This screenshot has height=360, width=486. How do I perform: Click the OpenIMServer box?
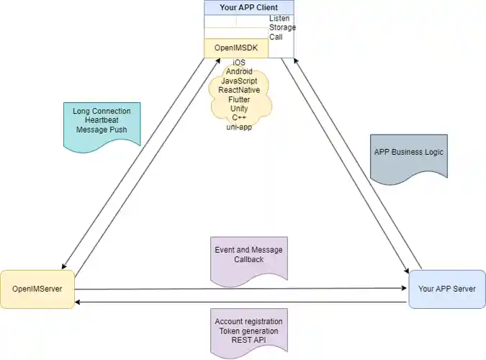pyautogui.click(x=37, y=289)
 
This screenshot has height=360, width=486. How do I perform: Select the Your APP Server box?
pyautogui.click(x=446, y=289)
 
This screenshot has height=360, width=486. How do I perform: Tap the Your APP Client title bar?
pyautogui.click(x=248, y=7)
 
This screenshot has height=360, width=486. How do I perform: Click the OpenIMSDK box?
pyautogui.click(x=235, y=48)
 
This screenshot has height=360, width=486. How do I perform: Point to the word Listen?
pyautogui.click(x=281, y=18)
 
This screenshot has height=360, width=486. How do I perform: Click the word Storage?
pyautogui.click(x=282, y=27)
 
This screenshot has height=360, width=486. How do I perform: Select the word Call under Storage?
pyautogui.click(x=276, y=37)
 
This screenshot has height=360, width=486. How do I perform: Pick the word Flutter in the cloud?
pyautogui.click(x=239, y=100)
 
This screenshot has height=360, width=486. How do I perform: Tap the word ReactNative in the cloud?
pyautogui.click(x=239, y=91)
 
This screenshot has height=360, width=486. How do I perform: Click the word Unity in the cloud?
pyautogui.click(x=239, y=109)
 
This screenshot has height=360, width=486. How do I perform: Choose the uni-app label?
pyautogui.click(x=238, y=127)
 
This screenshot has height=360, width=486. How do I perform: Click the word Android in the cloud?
pyautogui.click(x=239, y=72)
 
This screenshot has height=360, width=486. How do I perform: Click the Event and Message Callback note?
pyautogui.click(x=248, y=255)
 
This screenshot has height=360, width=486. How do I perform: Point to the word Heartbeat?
pyautogui.click(x=102, y=120)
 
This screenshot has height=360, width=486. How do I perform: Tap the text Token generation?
pyautogui.click(x=248, y=330)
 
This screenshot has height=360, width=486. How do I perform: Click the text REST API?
pyautogui.click(x=248, y=340)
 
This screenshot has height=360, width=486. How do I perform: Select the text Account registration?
pyautogui.click(x=248, y=321)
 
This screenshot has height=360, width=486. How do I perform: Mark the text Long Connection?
pyautogui.click(x=102, y=111)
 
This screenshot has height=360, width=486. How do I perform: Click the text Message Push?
pyautogui.click(x=102, y=130)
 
